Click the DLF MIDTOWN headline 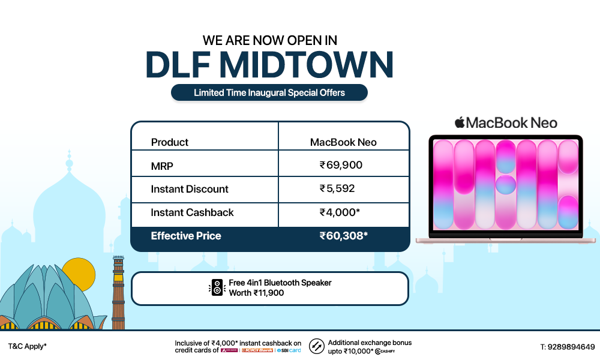269,65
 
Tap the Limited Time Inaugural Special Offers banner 269,93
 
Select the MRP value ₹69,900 341,165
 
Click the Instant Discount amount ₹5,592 337,188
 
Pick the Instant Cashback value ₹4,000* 340,212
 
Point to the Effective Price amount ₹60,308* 343,236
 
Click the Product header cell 170,142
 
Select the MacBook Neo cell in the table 343,142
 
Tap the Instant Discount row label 190,189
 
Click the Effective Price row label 186,236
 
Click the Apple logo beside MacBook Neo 459,123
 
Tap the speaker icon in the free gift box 217,288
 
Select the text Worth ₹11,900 256,293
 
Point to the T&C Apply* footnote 28,347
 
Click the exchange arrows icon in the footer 317,346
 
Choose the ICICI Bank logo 256,350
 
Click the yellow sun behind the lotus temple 79,274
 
